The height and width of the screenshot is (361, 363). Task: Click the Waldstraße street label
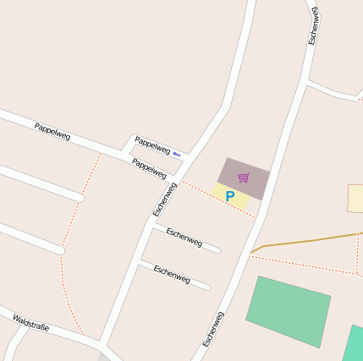tap(30, 322)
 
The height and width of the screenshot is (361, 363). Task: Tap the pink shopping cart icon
tap(244, 178)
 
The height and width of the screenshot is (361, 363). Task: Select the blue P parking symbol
tap(229, 196)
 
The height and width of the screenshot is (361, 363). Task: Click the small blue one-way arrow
tap(177, 154)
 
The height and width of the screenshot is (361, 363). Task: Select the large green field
tap(288, 310)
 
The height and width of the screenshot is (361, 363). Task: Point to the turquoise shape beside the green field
tap(355, 344)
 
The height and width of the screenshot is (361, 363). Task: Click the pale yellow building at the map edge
tap(355, 199)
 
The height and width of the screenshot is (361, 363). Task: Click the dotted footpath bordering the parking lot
tap(218, 200)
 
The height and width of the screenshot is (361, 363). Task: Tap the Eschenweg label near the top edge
tap(314, 25)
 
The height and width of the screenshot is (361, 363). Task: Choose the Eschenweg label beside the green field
tap(213, 329)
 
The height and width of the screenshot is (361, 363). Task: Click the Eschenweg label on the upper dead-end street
tap(184, 238)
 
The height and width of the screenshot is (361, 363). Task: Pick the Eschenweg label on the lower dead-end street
tap(172, 274)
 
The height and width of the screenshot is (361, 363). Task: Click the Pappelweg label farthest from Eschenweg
tap(52, 131)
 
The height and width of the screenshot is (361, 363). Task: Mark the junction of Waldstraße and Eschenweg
tap(102, 345)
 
